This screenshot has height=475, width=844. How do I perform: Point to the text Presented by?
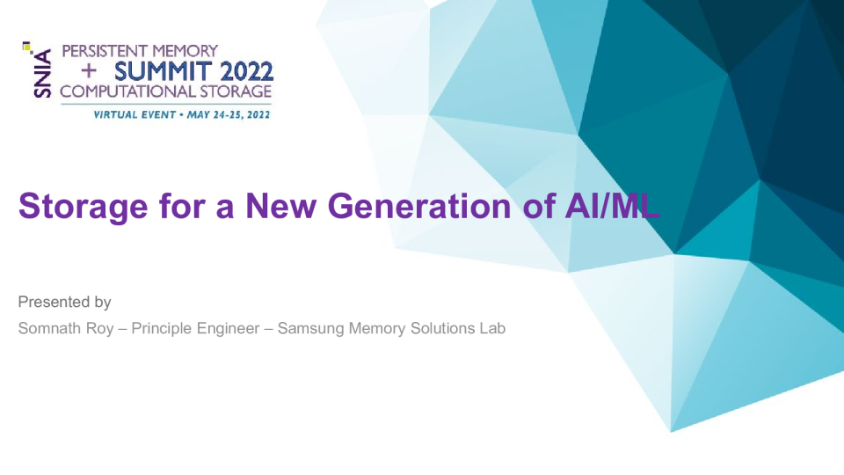tap(64, 303)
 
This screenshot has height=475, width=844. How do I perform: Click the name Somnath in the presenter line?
tap(49, 329)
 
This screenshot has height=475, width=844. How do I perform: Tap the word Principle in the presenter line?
tap(162, 329)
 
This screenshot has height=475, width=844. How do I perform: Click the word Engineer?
tap(229, 329)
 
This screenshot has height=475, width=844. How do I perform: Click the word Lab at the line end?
tap(493, 329)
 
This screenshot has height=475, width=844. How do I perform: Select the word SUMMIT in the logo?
tap(160, 70)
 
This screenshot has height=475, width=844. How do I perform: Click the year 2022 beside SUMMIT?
tap(244, 70)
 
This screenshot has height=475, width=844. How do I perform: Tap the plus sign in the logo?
tap(88, 70)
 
